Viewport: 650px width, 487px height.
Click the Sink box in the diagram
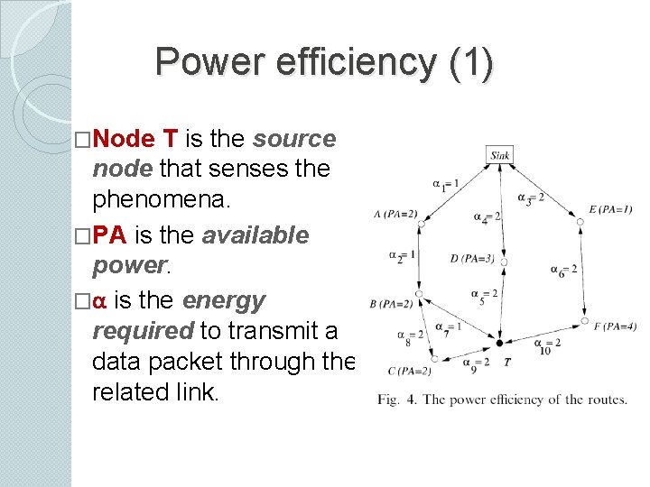pos(499,155)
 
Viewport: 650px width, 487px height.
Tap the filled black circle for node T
pos(499,343)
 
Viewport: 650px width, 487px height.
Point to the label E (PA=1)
pos(610,210)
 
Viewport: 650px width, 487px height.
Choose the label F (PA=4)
pos(614,326)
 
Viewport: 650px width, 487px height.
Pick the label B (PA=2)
pos(391,304)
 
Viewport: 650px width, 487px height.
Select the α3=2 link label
pos(530,198)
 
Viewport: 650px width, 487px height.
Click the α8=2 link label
pos(409,335)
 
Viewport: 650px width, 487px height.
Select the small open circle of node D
pos(504,262)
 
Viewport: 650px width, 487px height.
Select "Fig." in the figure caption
pos(391,399)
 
